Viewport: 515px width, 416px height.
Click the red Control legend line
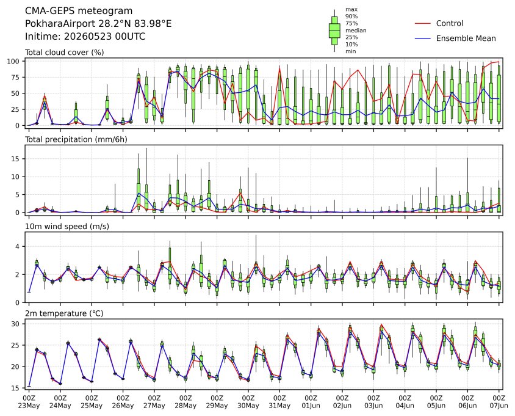[423, 23]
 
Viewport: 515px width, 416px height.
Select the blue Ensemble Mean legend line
[423, 38]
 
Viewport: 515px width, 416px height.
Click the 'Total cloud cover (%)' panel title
[65, 53]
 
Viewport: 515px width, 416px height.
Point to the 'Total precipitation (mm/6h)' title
[76, 139]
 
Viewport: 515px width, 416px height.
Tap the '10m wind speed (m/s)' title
[67, 227]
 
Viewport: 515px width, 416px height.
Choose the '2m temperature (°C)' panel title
[64, 313]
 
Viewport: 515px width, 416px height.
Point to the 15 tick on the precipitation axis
[16, 159]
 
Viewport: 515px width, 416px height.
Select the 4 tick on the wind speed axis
[18, 247]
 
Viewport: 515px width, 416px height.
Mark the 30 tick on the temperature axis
[16, 324]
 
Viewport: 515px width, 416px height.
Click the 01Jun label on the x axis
[311, 406]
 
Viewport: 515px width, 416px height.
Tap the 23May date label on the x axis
[29, 406]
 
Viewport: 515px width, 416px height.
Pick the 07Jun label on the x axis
[499, 406]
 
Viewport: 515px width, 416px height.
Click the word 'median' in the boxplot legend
[356, 31]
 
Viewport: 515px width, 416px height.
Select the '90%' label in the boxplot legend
[351, 16]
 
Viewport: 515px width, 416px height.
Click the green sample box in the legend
[334, 31]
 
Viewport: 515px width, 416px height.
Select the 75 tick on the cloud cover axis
[16, 78]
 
